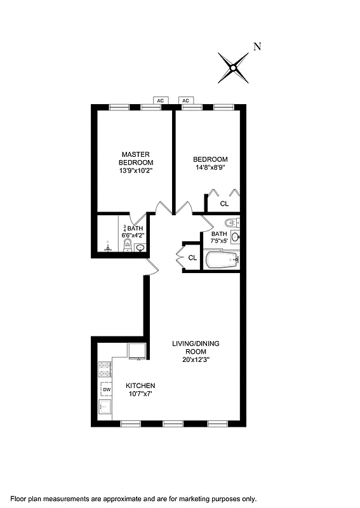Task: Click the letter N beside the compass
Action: pos(257,46)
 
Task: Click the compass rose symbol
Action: pos(234,67)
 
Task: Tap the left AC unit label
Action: pos(161,101)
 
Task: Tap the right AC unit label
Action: pos(186,101)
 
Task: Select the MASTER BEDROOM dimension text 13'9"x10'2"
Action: pos(136,171)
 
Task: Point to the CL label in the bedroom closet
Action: pos(224,204)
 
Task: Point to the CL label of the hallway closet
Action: pos(192,257)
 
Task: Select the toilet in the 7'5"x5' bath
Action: pos(231,223)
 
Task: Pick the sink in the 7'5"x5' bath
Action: pos(235,237)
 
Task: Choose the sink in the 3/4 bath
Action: pos(140,247)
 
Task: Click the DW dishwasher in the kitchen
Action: pos(107,389)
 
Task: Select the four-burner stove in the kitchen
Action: pos(104,370)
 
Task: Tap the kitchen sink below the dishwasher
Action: pos(105,406)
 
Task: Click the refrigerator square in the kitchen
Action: pos(137,351)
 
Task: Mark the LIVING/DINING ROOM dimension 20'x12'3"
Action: pos(196,359)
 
